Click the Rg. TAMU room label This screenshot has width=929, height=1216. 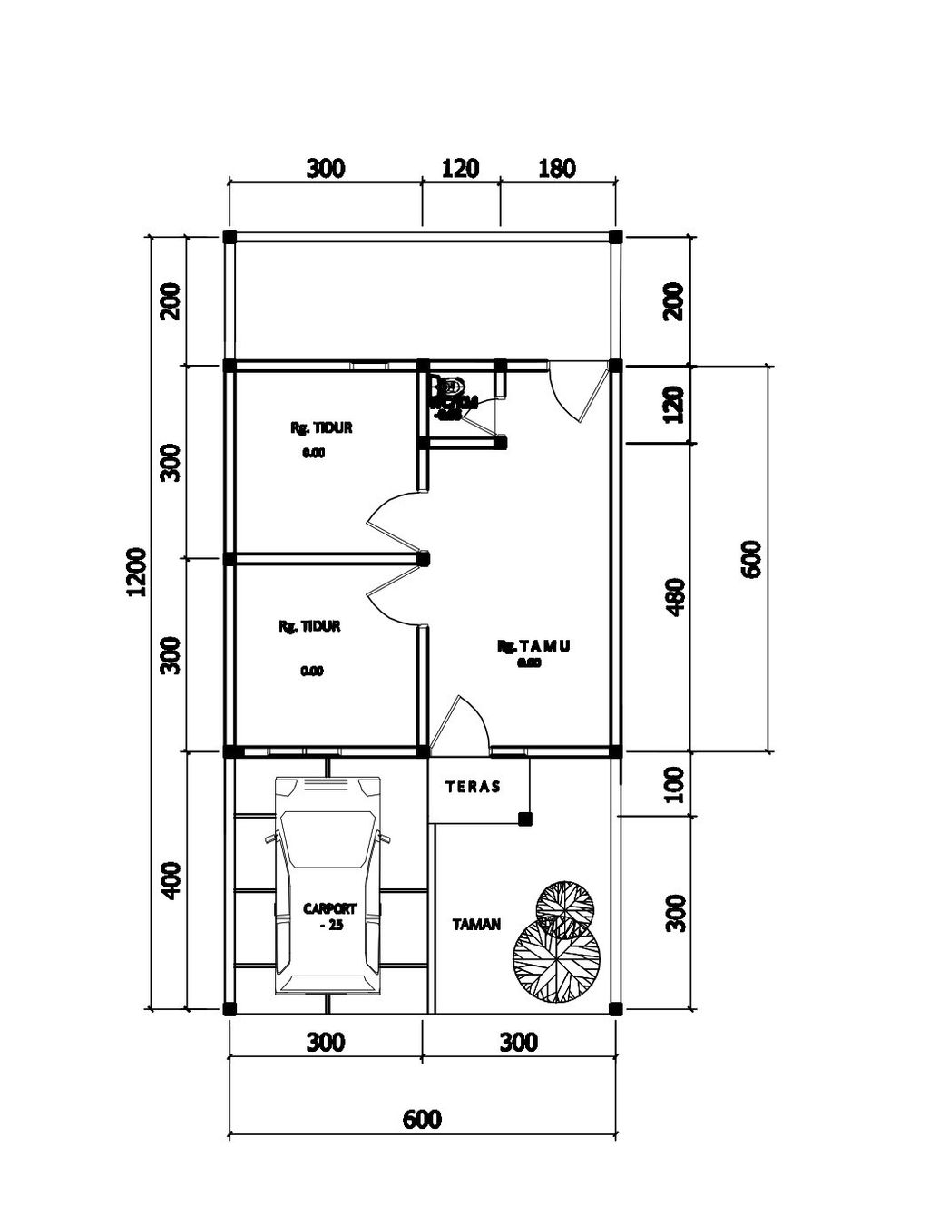pos(533,646)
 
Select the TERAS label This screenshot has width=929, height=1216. pos(473,787)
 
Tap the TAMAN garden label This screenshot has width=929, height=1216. pos(476,925)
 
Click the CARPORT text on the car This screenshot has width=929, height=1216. pos(329,908)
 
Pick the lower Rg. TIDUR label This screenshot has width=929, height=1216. pos(309,626)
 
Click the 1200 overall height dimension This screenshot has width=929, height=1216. pos(136,572)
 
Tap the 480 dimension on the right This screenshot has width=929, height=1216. pos(675,597)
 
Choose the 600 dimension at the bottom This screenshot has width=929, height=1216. pos(422,1119)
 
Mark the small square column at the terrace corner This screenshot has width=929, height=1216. pos(524,819)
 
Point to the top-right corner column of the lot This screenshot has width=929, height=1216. pos(615,237)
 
